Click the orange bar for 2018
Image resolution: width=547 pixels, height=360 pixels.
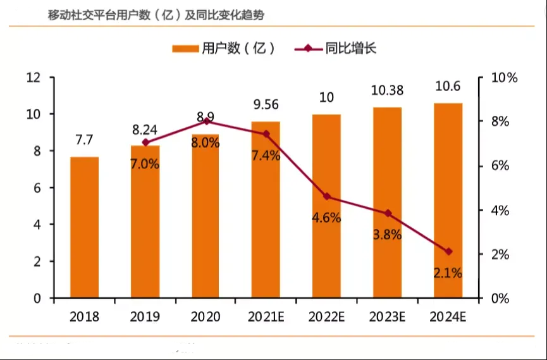tap(85, 227)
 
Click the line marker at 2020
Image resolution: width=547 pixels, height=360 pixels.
tap(206, 121)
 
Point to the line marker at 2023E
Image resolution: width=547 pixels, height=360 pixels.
tap(388, 213)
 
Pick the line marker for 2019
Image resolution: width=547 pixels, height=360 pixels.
tap(145, 142)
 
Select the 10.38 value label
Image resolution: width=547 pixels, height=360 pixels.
tap(388, 90)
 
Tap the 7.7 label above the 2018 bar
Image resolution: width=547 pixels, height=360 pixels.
tap(85, 140)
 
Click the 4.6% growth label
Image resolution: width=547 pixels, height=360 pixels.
tap(326, 218)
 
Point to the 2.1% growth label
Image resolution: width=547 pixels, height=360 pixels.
tap(448, 274)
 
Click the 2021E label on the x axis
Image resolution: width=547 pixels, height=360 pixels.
tap(266, 316)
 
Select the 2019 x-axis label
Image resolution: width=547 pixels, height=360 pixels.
tap(145, 316)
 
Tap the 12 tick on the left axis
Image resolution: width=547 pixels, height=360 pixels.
tap(34, 78)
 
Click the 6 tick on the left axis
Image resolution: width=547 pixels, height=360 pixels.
tap(37, 188)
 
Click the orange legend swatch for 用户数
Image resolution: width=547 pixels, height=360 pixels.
tap(185, 49)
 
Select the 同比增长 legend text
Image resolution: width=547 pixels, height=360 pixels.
tap(351, 48)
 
